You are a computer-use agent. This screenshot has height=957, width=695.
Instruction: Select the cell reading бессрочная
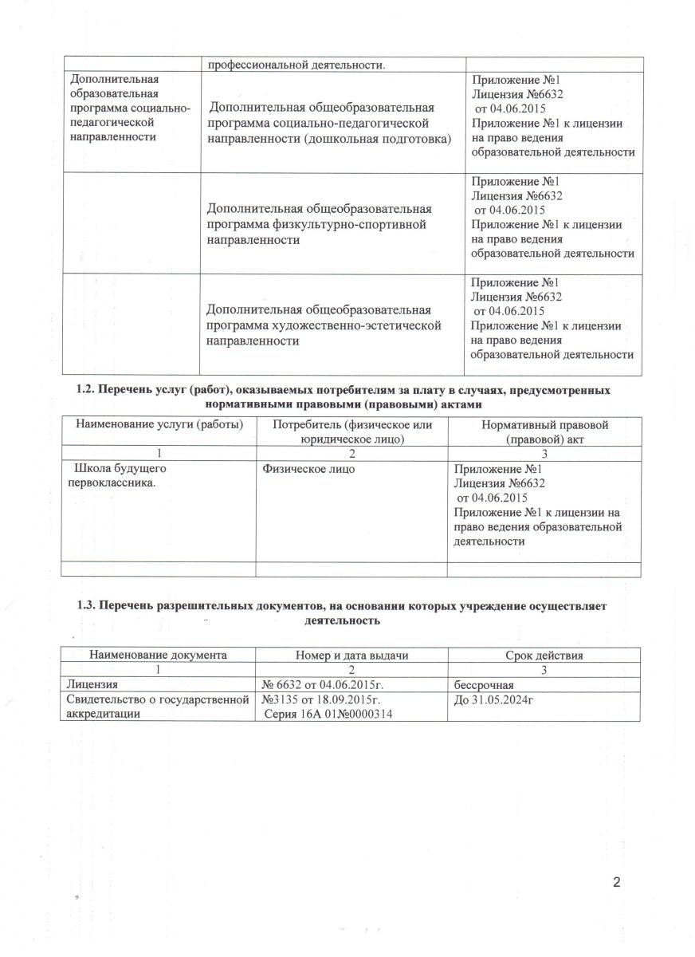point(483,684)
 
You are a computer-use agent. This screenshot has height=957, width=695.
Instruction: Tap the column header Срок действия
point(544,656)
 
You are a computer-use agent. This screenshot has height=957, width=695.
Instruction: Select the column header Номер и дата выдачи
point(351,656)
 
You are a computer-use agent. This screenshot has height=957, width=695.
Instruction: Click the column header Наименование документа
point(159,656)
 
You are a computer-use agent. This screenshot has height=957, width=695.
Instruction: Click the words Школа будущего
point(119,469)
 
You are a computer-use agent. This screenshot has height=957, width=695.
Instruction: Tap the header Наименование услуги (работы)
point(159,425)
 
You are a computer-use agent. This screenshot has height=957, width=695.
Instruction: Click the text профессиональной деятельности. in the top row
point(296,65)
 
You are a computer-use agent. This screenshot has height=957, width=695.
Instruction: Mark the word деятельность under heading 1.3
point(340,619)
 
